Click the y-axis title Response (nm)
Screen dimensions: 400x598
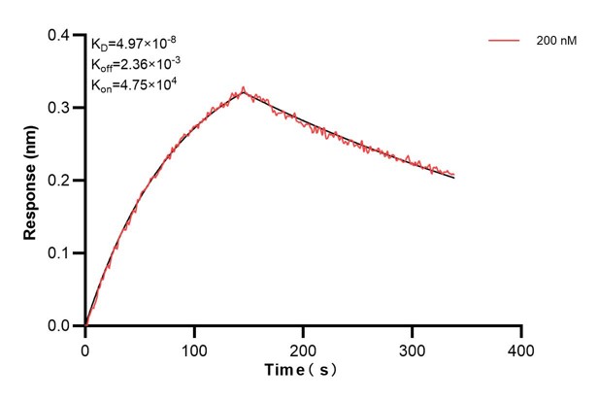point(29,180)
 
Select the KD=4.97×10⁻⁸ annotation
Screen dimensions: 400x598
point(134,44)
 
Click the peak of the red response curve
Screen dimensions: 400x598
point(244,88)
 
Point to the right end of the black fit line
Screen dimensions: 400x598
point(453,178)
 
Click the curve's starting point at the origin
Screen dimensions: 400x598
point(85,325)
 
